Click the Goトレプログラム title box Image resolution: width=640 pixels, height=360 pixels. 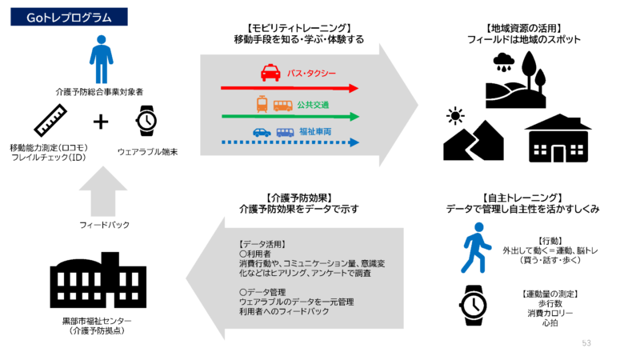(x=70, y=15)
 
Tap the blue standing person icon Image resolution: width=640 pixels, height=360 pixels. (x=102, y=61)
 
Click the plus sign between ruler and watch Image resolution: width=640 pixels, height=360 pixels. (x=101, y=122)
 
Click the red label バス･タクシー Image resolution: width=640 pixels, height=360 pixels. (x=313, y=74)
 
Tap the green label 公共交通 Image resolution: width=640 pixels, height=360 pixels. (x=313, y=105)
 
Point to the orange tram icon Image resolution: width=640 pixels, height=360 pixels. (x=262, y=104)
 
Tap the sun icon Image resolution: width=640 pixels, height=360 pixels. (x=456, y=117)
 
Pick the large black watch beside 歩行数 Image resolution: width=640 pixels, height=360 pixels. (x=476, y=305)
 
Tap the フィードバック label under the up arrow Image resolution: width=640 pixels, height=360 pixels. (x=103, y=226)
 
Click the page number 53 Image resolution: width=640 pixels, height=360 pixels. (x=586, y=342)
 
